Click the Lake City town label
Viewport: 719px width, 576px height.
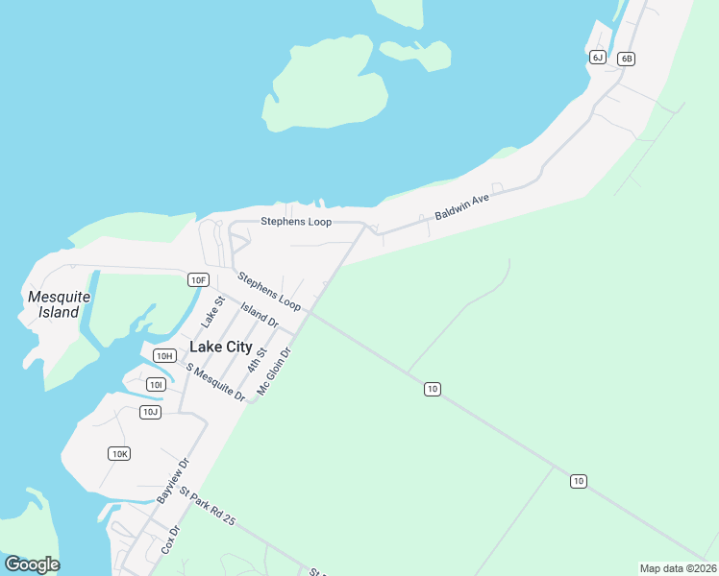coord(221,347)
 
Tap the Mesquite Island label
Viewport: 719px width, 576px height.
coord(59,304)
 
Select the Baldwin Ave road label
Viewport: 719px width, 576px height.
coord(462,206)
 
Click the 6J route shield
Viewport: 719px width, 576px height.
coord(598,58)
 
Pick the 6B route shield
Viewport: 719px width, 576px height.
coord(627,59)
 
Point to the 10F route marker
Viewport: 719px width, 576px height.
coord(198,280)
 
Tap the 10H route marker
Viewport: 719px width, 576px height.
coord(164,356)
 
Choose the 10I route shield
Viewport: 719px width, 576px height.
coord(156,385)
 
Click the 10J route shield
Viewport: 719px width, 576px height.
coord(149,413)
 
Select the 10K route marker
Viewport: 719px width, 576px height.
coord(119,453)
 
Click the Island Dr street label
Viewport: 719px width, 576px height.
coord(260,315)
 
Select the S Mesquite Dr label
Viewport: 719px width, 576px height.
coord(216,382)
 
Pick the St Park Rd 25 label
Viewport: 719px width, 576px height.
coord(207,506)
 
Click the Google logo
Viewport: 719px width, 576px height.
coord(32,564)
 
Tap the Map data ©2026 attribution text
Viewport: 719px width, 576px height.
coord(678,568)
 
